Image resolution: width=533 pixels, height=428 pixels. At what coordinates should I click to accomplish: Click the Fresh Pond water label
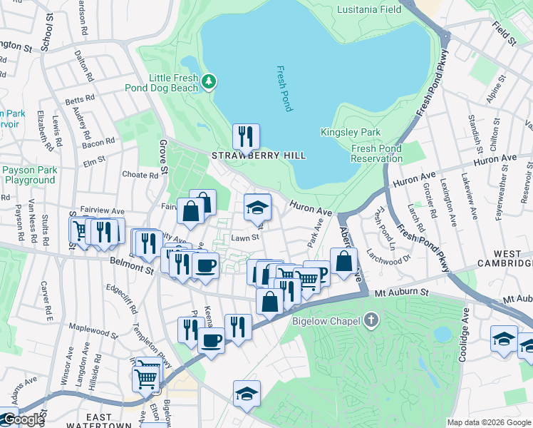284,88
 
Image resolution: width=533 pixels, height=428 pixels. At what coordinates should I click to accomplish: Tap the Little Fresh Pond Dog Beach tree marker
209,81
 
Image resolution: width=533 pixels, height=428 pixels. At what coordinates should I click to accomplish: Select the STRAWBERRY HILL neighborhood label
259,156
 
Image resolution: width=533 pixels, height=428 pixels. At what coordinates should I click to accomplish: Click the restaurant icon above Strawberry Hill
246,136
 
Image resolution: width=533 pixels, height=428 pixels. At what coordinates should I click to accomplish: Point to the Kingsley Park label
351,132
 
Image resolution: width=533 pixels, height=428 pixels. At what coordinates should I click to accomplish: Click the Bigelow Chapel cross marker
371,320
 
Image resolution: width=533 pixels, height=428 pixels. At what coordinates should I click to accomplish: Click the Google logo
23,420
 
